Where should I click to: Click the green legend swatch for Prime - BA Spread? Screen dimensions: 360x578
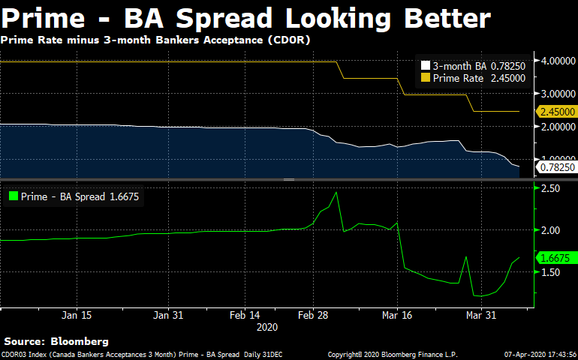[x=13, y=197]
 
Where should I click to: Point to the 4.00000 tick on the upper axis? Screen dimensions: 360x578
[x=555, y=61]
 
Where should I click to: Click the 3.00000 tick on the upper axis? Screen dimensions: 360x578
[x=555, y=94]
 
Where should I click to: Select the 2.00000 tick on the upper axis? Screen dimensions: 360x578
[x=555, y=127]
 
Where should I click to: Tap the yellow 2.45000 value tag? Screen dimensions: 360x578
[x=556, y=112]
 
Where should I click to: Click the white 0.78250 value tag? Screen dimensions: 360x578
[x=556, y=167]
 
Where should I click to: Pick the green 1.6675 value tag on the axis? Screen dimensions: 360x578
[x=556, y=258]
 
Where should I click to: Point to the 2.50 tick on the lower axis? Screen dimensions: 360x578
[x=550, y=188]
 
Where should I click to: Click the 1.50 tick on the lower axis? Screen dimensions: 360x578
[x=550, y=272]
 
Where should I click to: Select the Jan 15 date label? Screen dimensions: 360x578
[x=77, y=316]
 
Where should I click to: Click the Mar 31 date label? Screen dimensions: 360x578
[x=480, y=316]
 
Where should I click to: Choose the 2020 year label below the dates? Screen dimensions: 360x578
[x=267, y=327]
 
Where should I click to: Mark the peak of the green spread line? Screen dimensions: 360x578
[x=336, y=192]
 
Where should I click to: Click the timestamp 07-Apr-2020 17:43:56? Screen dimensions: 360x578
[x=539, y=354]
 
